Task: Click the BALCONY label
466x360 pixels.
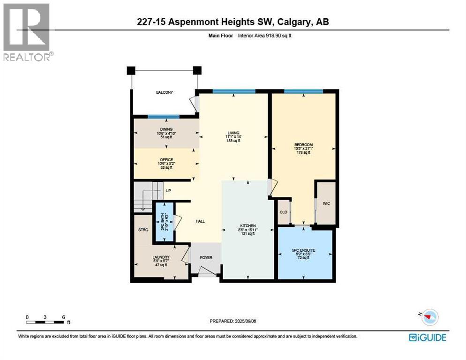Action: tap(165, 93)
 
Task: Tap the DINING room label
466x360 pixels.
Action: tap(166, 129)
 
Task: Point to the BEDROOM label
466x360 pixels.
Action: tap(304, 144)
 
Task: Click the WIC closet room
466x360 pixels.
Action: tap(326, 203)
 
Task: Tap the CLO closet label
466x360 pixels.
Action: tap(283, 212)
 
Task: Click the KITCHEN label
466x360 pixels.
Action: tap(248, 226)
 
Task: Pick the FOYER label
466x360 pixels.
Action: tap(206, 257)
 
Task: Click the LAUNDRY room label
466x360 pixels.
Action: tap(160, 257)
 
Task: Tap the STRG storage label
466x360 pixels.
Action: tap(143, 230)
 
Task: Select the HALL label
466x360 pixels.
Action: tap(200, 221)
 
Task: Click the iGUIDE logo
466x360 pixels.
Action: tap(427, 337)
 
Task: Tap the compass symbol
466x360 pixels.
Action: tap(428, 317)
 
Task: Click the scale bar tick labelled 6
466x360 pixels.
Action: tap(63, 317)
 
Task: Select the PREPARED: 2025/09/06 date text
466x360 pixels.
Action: tap(233, 321)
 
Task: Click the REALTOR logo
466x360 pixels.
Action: tap(27, 32)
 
